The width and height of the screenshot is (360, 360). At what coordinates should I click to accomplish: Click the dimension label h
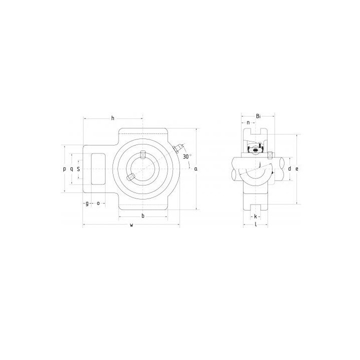pyautogui.click(x=112, y=118)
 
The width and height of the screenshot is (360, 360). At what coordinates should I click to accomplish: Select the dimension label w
pyautogui.click(x=131, y=225)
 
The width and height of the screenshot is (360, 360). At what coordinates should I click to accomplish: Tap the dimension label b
pyautogui.click(x=143, y=216)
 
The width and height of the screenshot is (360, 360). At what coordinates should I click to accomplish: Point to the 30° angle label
pyautogui.click(x=187, y=156)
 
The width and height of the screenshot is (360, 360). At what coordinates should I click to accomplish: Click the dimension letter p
pyautogui.click(x=64, y=169)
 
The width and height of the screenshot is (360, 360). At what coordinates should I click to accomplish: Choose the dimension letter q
pyautogui.click(x=71, y=169)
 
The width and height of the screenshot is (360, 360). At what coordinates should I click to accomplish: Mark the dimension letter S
pyautogui.click(x=78, y=169)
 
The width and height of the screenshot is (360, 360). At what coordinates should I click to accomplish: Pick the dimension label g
pyautogui.click(x=87, y=203)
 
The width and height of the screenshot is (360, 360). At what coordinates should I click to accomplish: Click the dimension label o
pyautogui.click(x=98, y=203)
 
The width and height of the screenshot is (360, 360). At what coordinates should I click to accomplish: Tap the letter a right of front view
pyautogui.click(x=196, y=169)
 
